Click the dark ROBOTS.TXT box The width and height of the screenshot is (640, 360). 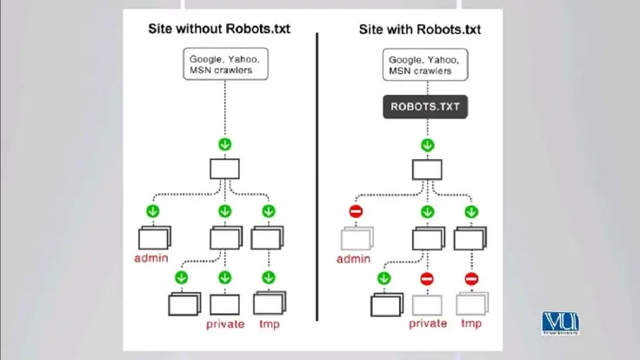coord(426,108)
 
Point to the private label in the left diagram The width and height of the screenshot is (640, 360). coord(225,324)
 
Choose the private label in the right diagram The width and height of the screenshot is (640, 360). coord(426,323)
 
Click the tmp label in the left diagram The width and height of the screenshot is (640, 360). coord(268,324)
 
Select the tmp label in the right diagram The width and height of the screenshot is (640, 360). coord(470,323)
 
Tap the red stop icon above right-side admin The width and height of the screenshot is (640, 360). coord(356,211)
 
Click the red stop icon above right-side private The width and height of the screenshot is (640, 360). coord(426,278)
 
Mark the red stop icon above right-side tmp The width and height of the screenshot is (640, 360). coord(470,278)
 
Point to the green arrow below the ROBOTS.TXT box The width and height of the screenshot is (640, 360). coord(426,145)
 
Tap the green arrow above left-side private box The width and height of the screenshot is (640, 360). coord(225,278)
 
